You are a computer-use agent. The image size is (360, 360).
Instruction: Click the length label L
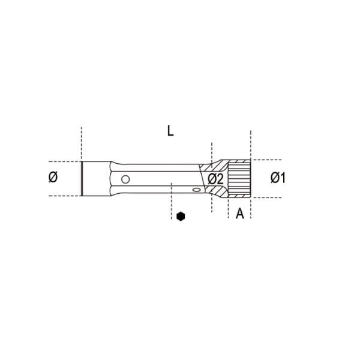[x=170, y=131]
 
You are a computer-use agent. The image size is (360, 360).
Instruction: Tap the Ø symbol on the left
[x=53, y=178]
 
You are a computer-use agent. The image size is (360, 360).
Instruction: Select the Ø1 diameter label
[x=278, y=178]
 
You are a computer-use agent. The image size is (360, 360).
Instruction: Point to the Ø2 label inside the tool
[x=215, y=179]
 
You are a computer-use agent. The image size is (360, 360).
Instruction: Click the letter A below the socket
[x=240, y=214]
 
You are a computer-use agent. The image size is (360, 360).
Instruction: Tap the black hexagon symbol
[x=181, y=216]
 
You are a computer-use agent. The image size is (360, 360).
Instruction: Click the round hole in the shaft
[x=125, y=179]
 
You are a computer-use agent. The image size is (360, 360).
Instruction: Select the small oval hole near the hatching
[x=197, y=190]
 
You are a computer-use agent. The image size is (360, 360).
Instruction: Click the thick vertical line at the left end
[x=82, y=179]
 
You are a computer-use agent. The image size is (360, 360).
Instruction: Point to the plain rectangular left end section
[x=97, y=179]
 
